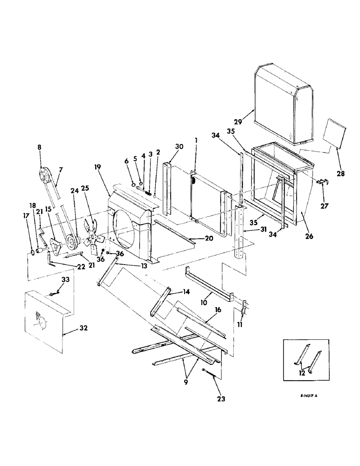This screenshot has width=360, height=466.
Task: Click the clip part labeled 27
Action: coord(322,183)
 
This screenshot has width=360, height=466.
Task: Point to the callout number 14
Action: coord(173,291)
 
